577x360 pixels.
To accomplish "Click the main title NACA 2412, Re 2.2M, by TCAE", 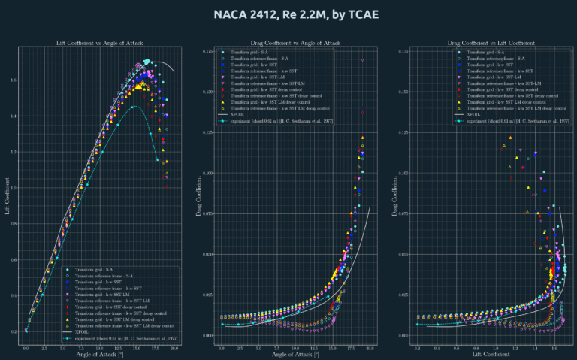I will click(x=288, y=15).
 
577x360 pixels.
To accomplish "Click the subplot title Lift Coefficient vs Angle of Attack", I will click(x=99, y=43).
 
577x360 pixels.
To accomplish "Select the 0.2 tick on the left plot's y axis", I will click(x=17, y=331).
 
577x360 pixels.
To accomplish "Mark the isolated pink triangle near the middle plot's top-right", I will click(x=363, y=59).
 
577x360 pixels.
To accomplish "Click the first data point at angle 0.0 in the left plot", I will click(x=26, y=331).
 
